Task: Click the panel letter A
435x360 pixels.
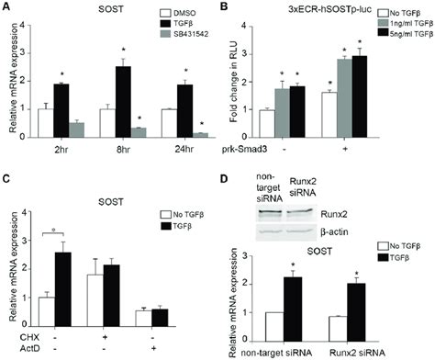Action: (x=6, y=7)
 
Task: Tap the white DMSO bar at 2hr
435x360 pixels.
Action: (x=45, y=122)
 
